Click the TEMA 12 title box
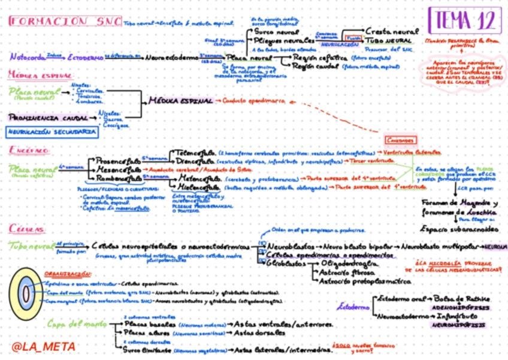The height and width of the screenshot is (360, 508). click(465, 22)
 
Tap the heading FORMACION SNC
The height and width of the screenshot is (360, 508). click(65, 21)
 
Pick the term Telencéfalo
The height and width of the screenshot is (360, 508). click(195, 153)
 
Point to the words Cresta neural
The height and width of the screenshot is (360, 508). click(392, 30)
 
